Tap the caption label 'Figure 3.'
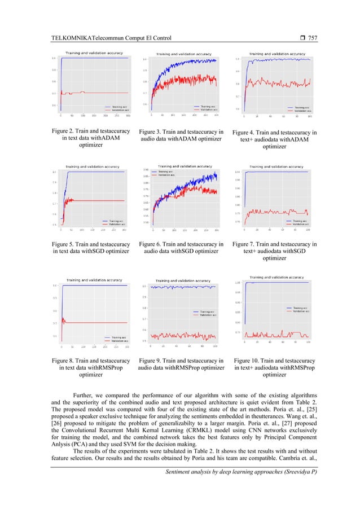[x=153, y=131]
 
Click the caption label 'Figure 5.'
[x=62, y=244]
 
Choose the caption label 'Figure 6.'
[x=153, y=244]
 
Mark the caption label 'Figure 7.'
[x=247, y=244]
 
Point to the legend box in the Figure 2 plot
[x=116, y=107]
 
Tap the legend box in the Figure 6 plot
[x=166, y=174]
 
